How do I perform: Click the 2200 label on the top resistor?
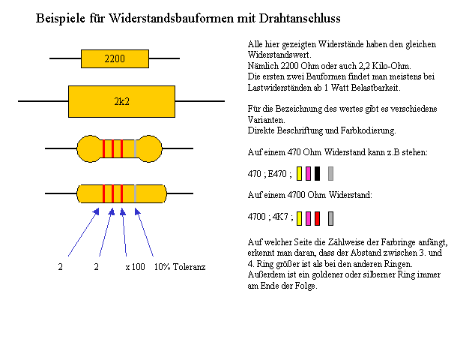(x=115, y=58)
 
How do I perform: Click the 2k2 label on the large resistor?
(x=122, y=101)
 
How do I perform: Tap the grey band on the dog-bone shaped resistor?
(x=135, y=148)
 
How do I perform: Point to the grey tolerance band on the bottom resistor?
(x=135, y=193)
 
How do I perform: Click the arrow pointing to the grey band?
(x=144, y=232)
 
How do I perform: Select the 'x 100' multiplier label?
(x=135, y=267)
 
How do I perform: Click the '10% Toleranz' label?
(x=180, y=267)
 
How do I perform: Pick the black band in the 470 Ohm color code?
(x=317, y=173)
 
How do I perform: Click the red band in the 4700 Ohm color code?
(x=317, y=218)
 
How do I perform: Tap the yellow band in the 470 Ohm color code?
(x=299, y=173)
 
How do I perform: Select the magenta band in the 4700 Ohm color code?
(x=308, y=218)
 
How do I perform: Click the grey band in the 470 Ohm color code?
(x=331, y=173)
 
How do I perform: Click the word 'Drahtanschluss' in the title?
(x=300, y=19)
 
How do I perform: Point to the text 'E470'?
(x=277, y=174)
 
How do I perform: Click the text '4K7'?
(x=280, y=217)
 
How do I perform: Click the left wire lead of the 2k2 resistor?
(x=43, y=101)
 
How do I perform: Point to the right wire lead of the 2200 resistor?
(x=164, y=58)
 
